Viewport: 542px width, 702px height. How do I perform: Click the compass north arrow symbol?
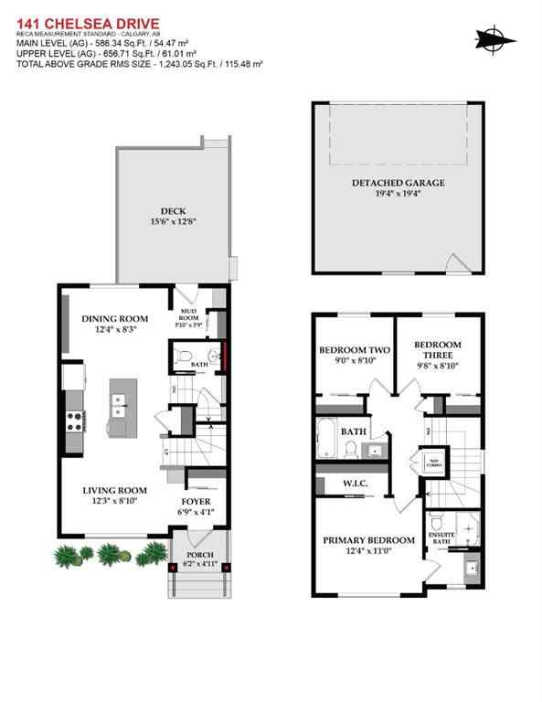point(494,38)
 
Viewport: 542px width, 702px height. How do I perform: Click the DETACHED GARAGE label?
point(399,183)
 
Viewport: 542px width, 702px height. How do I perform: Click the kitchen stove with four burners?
point(73,421)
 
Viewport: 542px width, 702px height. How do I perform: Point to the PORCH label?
point(198,555)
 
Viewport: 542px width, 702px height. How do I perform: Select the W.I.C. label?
point(355,484)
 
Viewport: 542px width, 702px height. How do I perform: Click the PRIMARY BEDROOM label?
point(368,540)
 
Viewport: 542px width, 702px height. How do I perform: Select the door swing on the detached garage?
point(454,264)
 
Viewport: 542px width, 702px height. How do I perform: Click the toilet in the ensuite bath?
point(438,522)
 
